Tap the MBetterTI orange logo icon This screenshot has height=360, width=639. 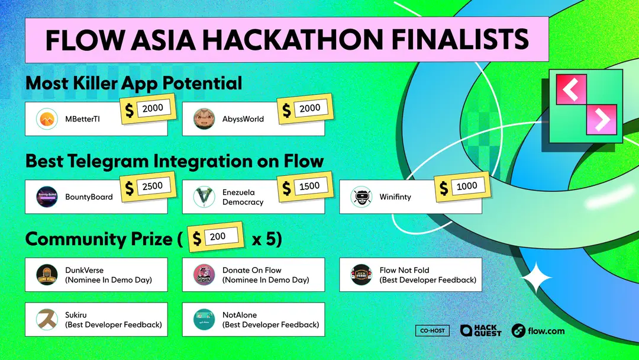(x=47, y=119)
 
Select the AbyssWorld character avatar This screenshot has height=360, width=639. (x=204, y=119)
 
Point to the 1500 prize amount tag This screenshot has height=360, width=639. (x=309, y=187)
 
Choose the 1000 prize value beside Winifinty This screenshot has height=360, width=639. (x=467, y=187)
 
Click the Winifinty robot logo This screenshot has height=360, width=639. (x=361, y=197)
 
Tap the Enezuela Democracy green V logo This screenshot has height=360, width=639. (x=204, y=197)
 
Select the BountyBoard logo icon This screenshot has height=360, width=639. (x=47, y=197)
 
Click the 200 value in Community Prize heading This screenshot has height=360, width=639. (x=218, y=237)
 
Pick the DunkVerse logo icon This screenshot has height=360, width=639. (x=47, y=275)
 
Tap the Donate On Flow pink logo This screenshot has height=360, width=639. (x=204, y=275)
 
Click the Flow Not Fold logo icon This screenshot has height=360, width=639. (x=361, y=275)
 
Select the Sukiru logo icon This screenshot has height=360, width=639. (x=47, y=320)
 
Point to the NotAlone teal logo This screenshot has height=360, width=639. (x=204, y=320)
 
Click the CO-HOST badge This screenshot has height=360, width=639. (x=433, y=330)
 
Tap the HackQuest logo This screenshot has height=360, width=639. (x=480, y=330)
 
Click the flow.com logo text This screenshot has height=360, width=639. (x=538, y=330)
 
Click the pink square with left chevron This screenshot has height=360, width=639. (x=571, y=89)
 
